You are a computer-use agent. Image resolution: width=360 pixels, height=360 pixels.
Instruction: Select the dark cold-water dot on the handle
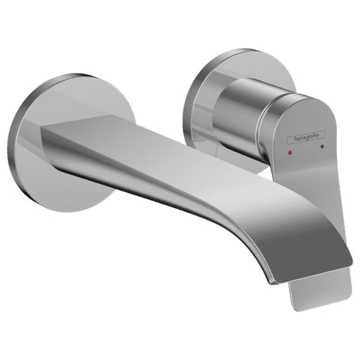tap(323, 146)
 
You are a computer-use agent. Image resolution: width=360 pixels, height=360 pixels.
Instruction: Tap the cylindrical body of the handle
tap(240, 111)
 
